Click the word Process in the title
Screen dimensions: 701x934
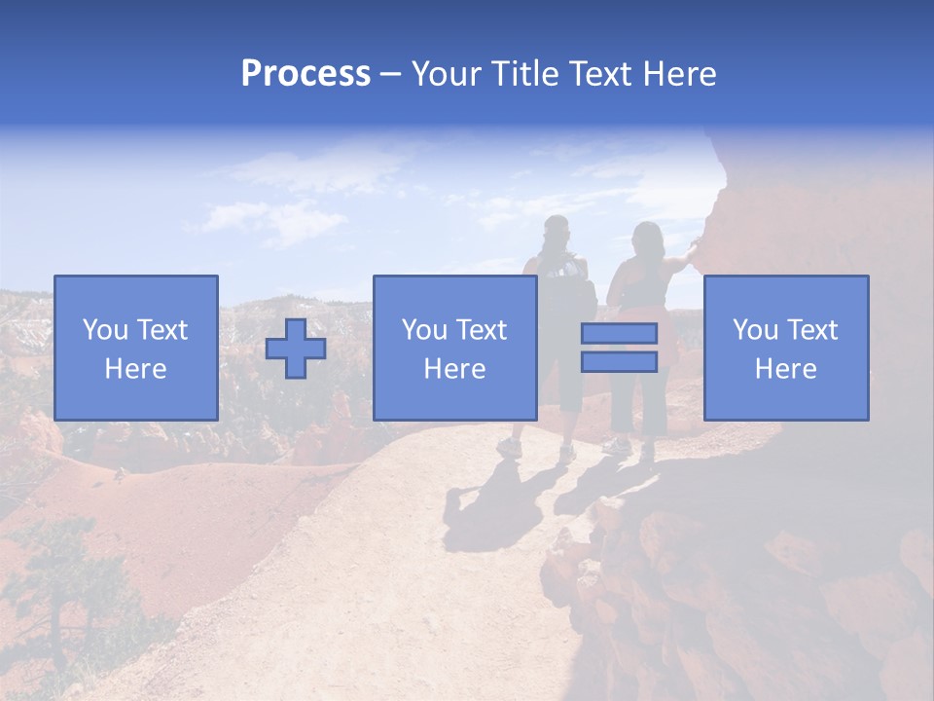coord(305,74)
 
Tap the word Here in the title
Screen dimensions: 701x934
coord(677,74)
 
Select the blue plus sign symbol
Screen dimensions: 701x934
coord(296,349)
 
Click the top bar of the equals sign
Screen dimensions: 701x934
coord(619,334)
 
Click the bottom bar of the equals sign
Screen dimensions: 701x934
coord(619,362)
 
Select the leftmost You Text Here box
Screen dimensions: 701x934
coord(136,348)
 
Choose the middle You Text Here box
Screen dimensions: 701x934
coord(455,348)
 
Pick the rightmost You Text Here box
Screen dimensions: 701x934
coord(786,348)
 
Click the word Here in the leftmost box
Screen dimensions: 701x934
coord(136,369)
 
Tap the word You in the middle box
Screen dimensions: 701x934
coord(424,330)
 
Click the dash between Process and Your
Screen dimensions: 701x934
coord(391,75)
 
